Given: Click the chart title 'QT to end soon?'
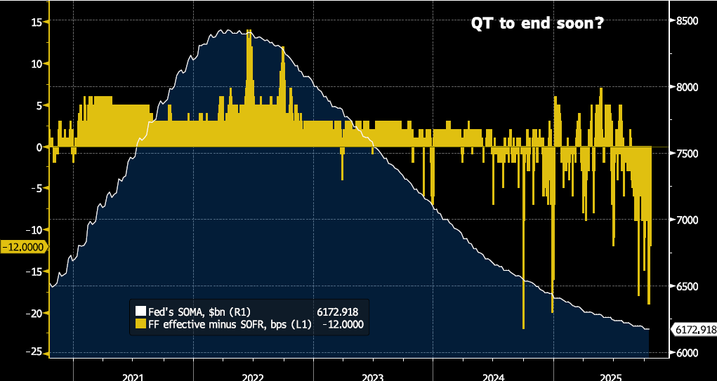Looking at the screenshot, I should click(x=537, y=24).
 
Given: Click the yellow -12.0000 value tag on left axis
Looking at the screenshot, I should click(x=24, y=247).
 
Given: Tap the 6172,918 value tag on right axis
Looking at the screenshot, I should click(x=694, y=329).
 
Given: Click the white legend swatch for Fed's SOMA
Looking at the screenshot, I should click(x=140, y=312).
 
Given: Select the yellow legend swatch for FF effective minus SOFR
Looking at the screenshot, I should click(x=140, y=324).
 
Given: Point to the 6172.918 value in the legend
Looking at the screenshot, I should click(x=341, y=312).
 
